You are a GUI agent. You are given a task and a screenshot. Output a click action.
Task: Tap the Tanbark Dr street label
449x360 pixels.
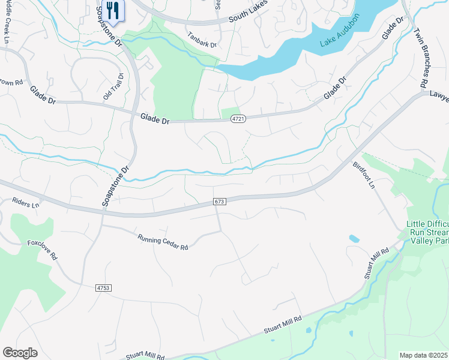(x=201, y=39)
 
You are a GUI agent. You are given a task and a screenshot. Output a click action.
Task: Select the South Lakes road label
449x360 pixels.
(x=247, y=16)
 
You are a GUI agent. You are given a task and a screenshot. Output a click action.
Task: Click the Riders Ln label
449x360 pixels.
(x=26, y=205)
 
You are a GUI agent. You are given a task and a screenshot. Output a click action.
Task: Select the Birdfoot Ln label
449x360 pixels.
(x=364, y=173)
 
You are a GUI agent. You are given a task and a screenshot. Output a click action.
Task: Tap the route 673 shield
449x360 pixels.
(x=220, y=203)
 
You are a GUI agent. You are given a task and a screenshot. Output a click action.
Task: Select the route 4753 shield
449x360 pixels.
(x=103, y=289)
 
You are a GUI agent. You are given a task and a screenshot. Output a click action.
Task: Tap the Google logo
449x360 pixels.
(x=20, y=353)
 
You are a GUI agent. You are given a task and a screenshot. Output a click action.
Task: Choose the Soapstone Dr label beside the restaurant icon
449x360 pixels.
(x=109, y=28)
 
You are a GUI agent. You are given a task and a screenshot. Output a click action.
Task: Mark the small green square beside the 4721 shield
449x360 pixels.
(x=229, y=113)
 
